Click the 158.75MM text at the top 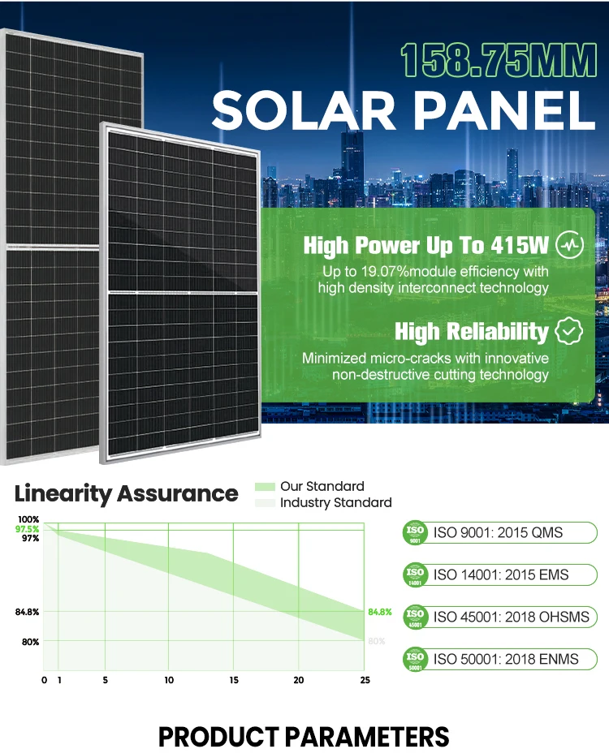tap(497, 62)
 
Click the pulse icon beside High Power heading tap(568, 244)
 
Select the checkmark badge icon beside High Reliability tap(568, 331)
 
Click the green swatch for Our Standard tap(265, 487)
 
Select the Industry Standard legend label tap(335, 503)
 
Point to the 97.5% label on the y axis tap(27, 529)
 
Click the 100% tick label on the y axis tap(28, 519)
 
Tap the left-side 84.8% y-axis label tap(27, 611)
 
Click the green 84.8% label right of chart tap(380, 611)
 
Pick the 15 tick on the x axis tap(234, 680)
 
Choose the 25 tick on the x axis tap(365, 680)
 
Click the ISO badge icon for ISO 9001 tap(415, 533)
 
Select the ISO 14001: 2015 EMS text tap(501, 574)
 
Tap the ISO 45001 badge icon tap(415, 617)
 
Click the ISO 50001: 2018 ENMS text tap(506, 658)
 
